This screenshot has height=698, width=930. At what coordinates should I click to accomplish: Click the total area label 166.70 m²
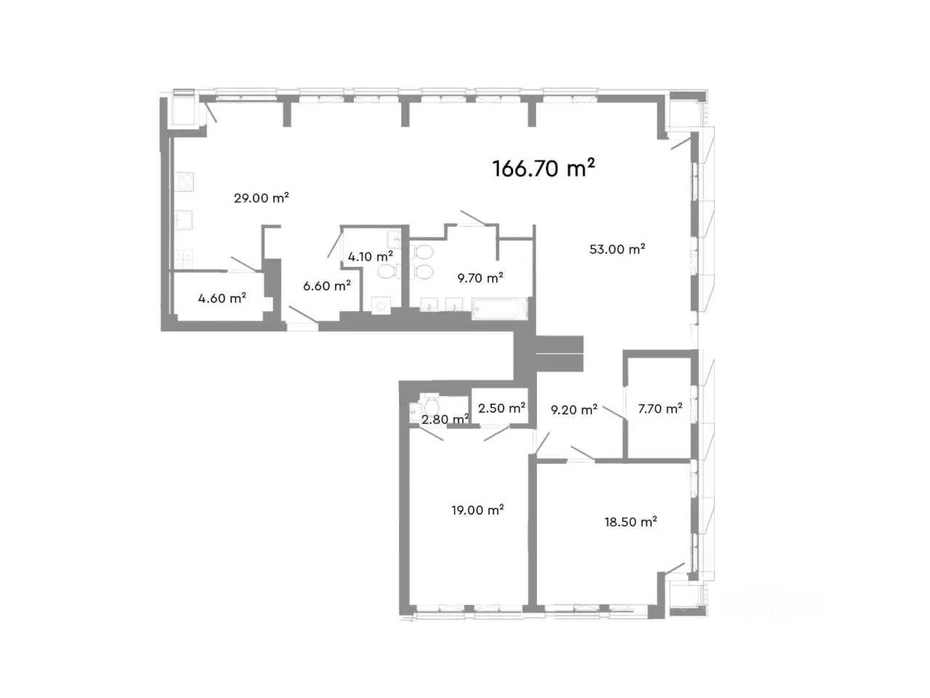(x=543, y=168)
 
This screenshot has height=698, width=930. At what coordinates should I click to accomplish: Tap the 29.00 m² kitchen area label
(x=262, y=198)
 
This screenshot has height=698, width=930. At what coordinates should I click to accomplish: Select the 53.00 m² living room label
(x=618, y=249)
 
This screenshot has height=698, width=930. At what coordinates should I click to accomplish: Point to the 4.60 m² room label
(x=222, y=298)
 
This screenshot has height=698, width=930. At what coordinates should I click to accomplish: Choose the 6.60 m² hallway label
(x=327, y=286)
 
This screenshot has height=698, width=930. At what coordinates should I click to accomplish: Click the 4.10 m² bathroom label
(x=371, y=257)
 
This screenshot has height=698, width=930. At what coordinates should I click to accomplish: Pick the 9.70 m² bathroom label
(x=480, y=278)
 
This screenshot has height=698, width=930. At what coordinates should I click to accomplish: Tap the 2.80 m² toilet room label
(x=445, y=419)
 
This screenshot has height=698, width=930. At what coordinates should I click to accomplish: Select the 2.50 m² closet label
(x=501, y=408)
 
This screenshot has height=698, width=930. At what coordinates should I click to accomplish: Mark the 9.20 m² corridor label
(x=574, y=409)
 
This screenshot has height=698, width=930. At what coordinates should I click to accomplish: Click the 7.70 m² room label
(x=660, y=409)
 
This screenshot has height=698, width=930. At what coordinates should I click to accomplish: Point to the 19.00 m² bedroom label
(x=477, y=510)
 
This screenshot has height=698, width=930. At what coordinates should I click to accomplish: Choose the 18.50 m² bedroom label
(x=631, y=522)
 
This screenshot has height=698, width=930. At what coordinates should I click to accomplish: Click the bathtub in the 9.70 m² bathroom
(x=500, y=308)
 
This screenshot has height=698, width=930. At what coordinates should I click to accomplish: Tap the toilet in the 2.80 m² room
(x=432, y=406)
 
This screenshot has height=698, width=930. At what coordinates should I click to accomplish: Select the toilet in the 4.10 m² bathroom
(x=387, y=272)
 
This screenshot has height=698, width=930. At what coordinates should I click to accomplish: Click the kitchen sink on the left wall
(x=184, y=220)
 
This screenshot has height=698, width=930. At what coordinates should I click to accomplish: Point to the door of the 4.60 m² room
(x=243, y=264)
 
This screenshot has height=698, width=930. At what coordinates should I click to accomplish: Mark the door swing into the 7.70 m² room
(x=615, y=413)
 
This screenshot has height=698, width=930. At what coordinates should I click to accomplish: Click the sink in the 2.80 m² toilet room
(x=415, y=410)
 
